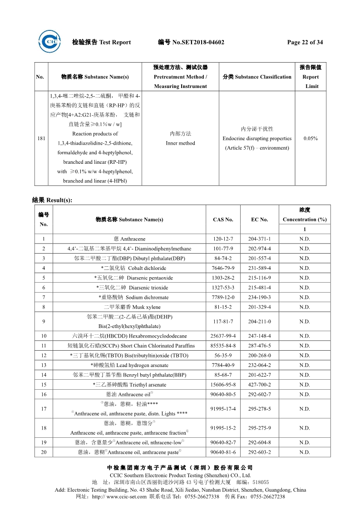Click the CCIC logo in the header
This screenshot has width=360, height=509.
point(49,42)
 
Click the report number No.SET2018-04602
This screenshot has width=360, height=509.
point(198,43)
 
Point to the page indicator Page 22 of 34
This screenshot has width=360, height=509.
point(305,43)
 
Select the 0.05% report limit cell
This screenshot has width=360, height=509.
point(311,138)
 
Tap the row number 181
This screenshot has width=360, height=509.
point(41,138)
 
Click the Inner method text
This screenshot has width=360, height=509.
point(180,143)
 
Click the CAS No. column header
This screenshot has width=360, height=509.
point(223,220)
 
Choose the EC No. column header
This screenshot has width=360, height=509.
point(259,220)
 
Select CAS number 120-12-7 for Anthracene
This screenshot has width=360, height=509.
point(223,239)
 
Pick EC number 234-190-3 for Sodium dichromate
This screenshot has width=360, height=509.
point(259,298)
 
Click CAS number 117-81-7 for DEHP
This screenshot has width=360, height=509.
point(223,322)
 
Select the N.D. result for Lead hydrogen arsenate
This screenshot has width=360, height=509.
point(305,365)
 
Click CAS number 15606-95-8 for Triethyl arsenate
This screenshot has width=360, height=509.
point(223,385)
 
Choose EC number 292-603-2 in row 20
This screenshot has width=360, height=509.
point(259,452)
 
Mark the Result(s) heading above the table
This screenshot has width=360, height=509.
point(52,200)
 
